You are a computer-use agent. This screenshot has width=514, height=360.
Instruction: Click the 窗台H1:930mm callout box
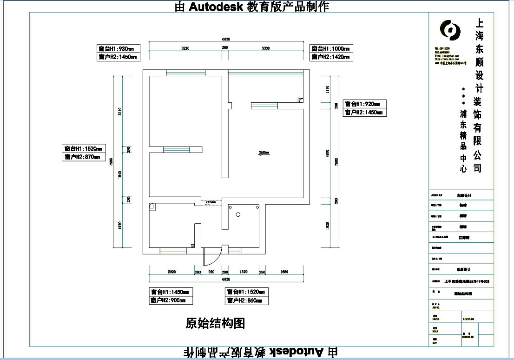118,48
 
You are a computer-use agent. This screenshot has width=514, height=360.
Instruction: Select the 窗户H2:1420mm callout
331,57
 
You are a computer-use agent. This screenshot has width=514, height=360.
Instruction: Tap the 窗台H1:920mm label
364,104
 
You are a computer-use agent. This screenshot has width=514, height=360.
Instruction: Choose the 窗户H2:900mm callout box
171,300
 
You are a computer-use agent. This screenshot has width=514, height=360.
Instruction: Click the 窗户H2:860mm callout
247,300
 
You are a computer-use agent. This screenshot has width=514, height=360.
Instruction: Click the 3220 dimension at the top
185,48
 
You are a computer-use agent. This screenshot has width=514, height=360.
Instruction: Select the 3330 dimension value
266,48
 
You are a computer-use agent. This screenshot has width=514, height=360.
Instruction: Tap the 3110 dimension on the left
119,111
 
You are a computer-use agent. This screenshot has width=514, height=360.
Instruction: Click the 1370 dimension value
244,272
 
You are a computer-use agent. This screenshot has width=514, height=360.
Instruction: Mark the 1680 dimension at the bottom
284,272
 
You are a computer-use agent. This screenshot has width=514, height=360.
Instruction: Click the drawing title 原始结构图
215,323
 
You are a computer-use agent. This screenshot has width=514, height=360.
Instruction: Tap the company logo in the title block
450,30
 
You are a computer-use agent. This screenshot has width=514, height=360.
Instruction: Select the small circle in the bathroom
237,214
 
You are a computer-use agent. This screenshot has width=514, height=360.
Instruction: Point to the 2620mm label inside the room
264,153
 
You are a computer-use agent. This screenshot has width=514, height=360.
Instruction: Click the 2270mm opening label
211,202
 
